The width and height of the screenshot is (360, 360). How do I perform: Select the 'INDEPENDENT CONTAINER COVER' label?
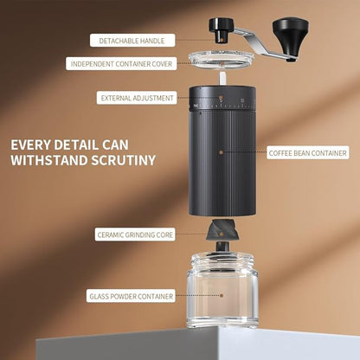click(x=121, y=63)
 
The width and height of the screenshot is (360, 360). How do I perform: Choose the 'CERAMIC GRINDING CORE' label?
click(x=135, y=235)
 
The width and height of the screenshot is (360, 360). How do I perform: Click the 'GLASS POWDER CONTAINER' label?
click(x=132, y=296)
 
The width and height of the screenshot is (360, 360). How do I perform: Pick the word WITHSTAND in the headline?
click(x=50, y=160)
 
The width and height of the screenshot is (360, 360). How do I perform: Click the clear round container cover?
click(x=221, y=62)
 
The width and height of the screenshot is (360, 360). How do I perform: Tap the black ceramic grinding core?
click(x=222, y=234)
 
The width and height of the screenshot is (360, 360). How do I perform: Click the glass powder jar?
click(x=222, y=294)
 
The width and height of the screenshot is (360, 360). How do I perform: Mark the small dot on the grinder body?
click(x=221, y=151)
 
